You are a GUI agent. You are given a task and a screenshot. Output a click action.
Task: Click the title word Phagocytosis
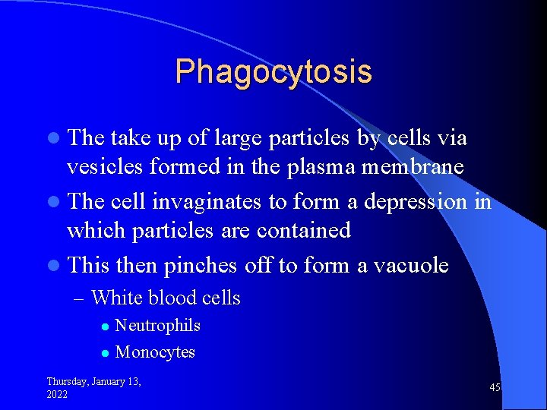click(x=273, y=72)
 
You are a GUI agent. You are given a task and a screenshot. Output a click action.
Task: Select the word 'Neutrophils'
click(x=157, y=326)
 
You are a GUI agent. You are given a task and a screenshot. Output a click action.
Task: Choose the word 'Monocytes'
click(x=155, y=352)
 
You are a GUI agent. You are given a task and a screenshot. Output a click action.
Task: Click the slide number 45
click(x=495, y=388)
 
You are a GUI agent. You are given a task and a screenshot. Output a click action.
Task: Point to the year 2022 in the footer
click(x=57, y=395)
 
